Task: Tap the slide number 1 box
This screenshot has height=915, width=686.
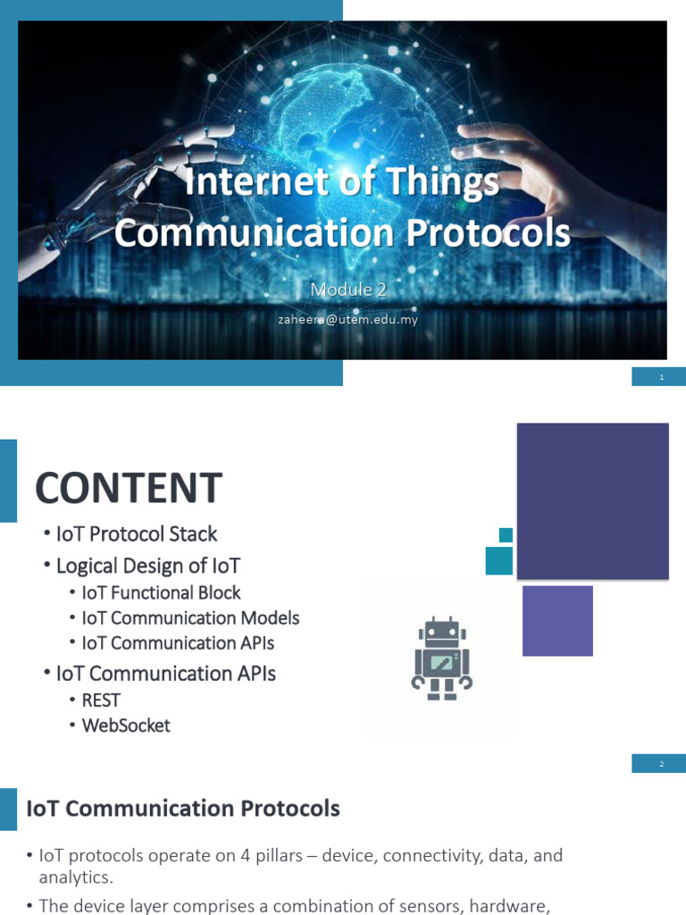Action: point(659,377)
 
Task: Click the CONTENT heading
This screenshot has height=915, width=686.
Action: point(128,489)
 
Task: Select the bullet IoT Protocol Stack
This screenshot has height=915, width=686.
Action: point(136,533)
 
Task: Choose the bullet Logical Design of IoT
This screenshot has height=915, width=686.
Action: point(147,566)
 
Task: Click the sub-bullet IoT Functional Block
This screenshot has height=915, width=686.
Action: point(161,592)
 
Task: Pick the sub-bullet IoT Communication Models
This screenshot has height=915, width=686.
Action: point(190,617)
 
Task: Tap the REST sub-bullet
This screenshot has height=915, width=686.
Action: point(101,700)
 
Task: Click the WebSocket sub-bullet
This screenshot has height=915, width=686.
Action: point(126,725)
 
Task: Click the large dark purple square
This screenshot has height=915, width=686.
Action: point(592,500)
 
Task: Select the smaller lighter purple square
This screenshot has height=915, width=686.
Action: point(557,620)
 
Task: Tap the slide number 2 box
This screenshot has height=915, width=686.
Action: point(659,763)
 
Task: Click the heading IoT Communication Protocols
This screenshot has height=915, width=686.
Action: point(183,809)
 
